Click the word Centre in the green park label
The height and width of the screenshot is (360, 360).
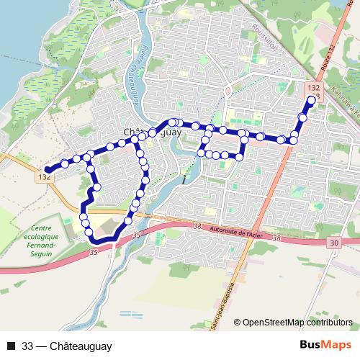pyautogui.click(x=45, y=228)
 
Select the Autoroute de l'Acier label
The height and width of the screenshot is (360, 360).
pyautogui.click(x=248, y=233)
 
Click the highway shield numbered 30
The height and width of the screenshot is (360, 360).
pyautogui.click(x=333, y=243)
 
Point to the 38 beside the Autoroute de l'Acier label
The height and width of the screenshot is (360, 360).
pyautogui.click(x=197, y=227)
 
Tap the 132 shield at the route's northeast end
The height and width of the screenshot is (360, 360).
pyautogui.click(x=313, y=87)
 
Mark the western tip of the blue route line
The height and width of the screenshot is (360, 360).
pyautogui.click(x=48, y=170)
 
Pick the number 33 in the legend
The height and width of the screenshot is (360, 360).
pyautogui.click(x=28, y=346)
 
